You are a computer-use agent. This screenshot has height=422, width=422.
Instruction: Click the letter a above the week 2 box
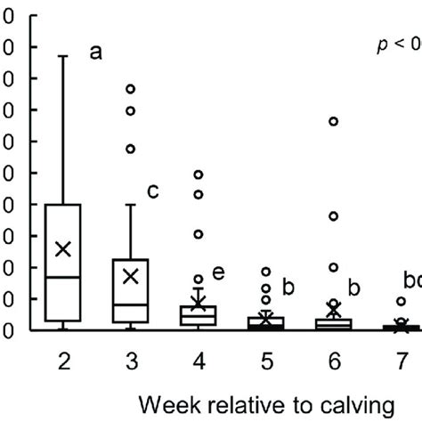95,53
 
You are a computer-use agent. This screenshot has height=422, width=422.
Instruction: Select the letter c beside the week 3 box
152,191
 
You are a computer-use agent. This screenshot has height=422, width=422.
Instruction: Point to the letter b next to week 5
288,287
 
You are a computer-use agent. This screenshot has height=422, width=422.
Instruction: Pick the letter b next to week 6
353,288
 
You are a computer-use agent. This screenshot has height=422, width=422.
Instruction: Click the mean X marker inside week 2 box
63,248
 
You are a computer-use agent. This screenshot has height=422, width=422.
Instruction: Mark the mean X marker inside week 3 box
131,276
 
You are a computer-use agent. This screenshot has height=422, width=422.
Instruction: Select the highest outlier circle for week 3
131,89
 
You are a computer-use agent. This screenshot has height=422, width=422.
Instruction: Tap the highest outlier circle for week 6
333,121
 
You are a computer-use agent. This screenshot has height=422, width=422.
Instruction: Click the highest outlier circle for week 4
199,174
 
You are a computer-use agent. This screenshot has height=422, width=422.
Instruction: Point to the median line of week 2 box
63,277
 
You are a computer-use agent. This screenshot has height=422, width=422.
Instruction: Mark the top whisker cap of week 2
63,56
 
